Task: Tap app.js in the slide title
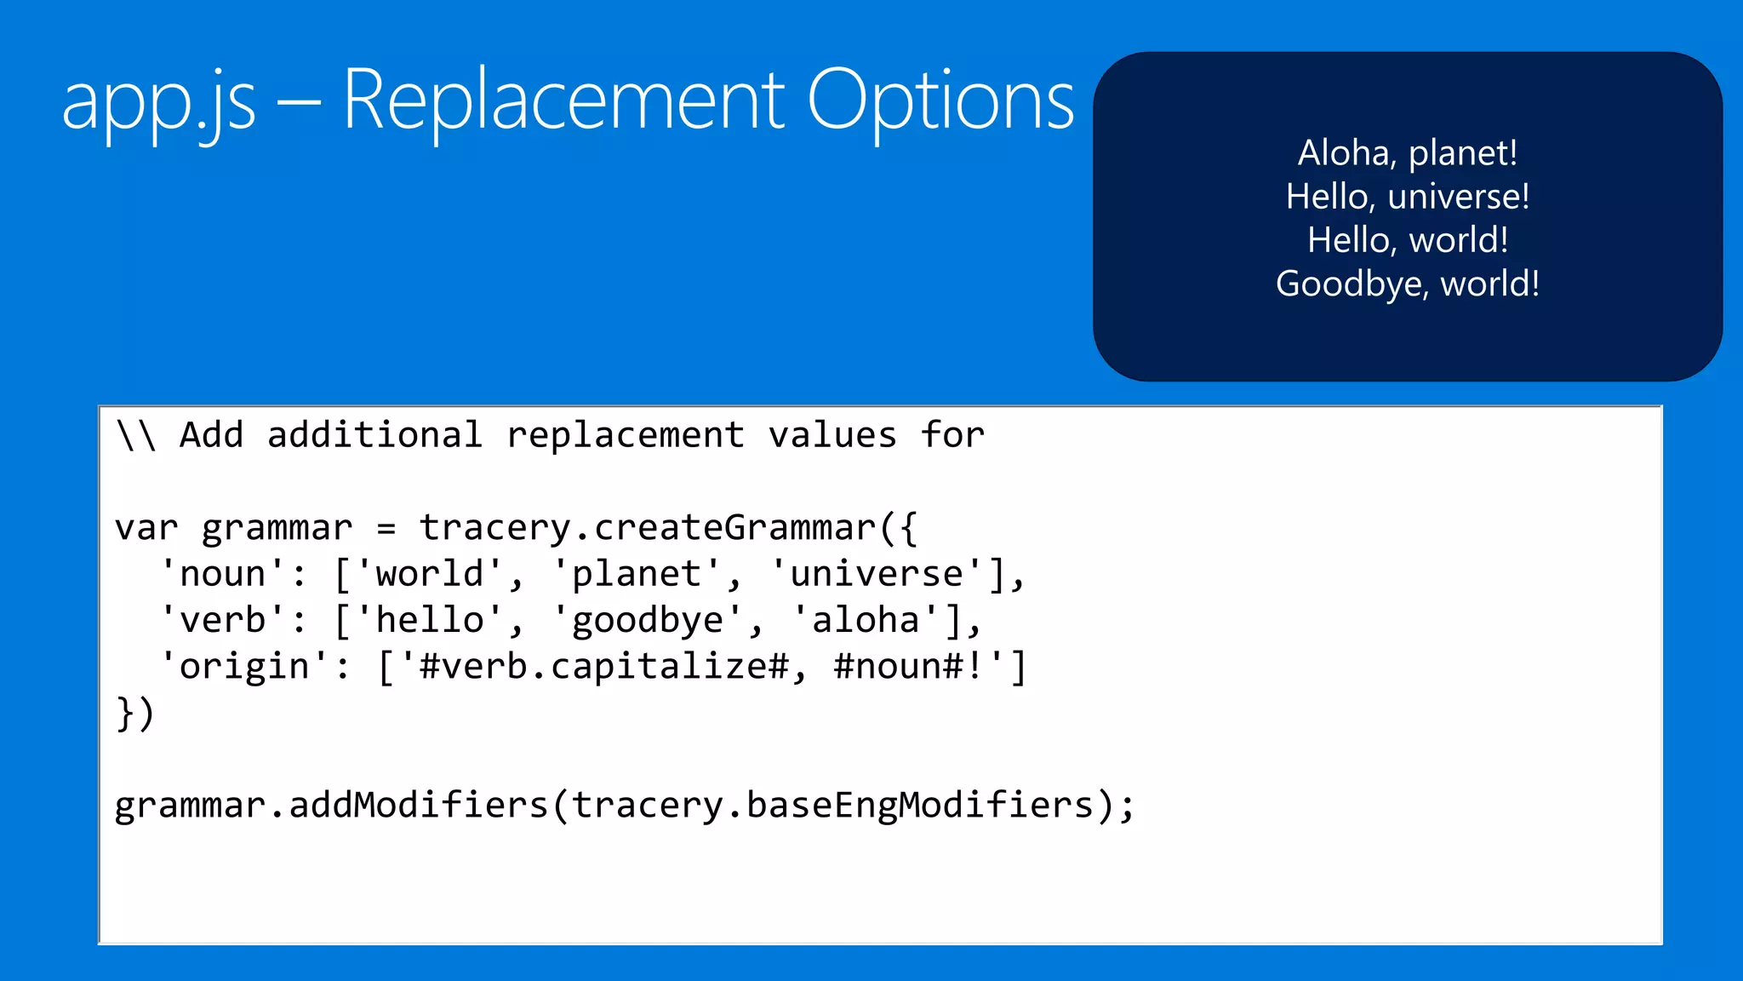159,102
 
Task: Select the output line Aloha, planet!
1408,153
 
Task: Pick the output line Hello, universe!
1408,197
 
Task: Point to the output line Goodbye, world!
1408,284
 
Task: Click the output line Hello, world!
1408,240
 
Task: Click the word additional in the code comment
374,435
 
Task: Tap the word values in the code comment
832,435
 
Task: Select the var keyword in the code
146,528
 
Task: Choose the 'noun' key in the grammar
223,574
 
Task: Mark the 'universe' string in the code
877,574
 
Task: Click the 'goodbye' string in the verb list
648,620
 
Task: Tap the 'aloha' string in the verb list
866,620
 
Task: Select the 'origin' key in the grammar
245,666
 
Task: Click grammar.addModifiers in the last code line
332,806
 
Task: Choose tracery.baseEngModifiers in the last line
832,806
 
